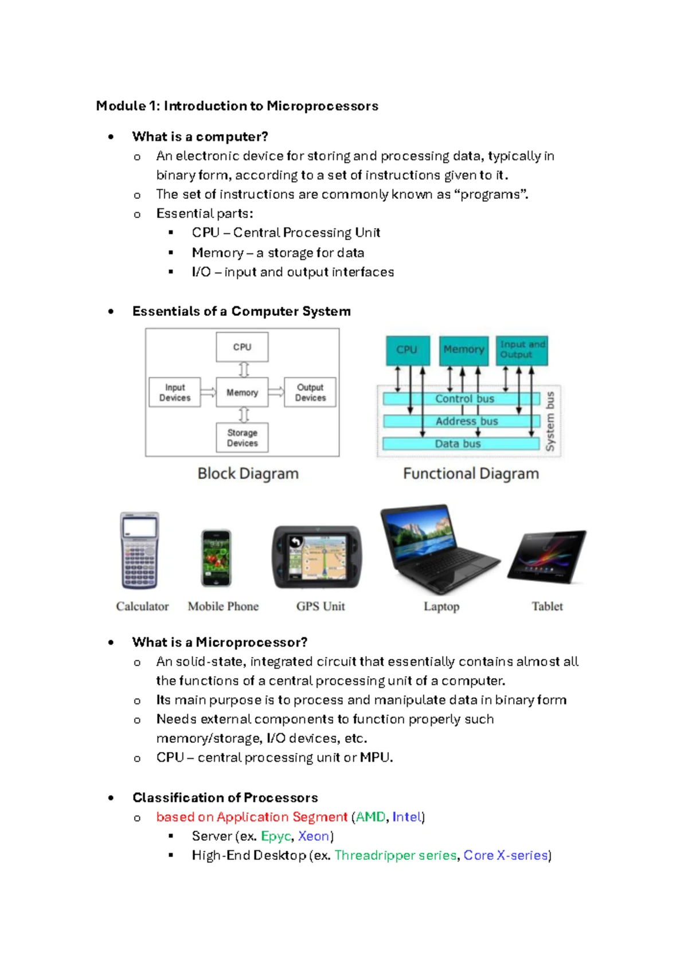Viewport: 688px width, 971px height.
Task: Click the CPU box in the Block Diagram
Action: point(242,347)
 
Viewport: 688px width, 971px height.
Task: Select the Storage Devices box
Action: point(242,437)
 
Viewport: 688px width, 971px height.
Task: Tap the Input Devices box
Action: point(175,392)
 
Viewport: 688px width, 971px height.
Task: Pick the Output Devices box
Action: point(310,392)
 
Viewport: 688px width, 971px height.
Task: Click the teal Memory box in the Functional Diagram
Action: point(464,350)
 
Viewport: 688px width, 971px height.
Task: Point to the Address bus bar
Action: point(462,421)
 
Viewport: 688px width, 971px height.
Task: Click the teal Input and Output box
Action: point(522,350)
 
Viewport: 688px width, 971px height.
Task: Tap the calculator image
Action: point(139,550)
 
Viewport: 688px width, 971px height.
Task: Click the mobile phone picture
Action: point(216,558)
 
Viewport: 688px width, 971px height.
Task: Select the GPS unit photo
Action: point(317,557)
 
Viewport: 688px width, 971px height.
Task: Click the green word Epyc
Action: point(276,836)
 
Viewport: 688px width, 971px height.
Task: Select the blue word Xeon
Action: point(313,836)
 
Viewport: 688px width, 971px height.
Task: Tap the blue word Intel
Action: point(406,817)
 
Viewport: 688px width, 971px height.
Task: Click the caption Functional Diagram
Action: point(471,473)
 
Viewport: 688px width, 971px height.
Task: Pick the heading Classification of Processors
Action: point(225,797)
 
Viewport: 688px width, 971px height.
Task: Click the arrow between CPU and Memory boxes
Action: point(244,370)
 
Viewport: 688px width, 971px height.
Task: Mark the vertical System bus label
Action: point(550,421)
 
